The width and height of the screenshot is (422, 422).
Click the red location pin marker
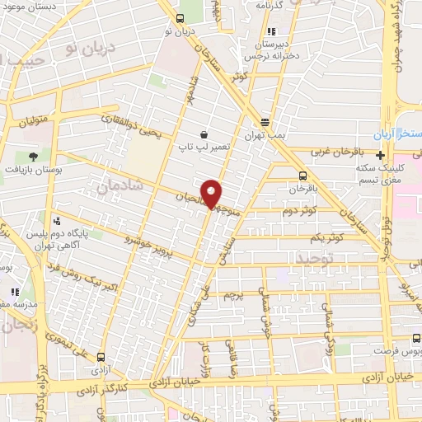click(x=213, y=194)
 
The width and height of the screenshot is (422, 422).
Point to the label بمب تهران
click(x=264, y=132)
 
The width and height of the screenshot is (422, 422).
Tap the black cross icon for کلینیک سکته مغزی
click(x=380, y=155)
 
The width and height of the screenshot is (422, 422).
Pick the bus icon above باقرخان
click(x=302, y=176)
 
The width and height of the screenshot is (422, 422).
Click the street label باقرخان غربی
click(x=333, y=152)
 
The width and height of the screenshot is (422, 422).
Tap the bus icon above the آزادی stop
click(x=101, y=358)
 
